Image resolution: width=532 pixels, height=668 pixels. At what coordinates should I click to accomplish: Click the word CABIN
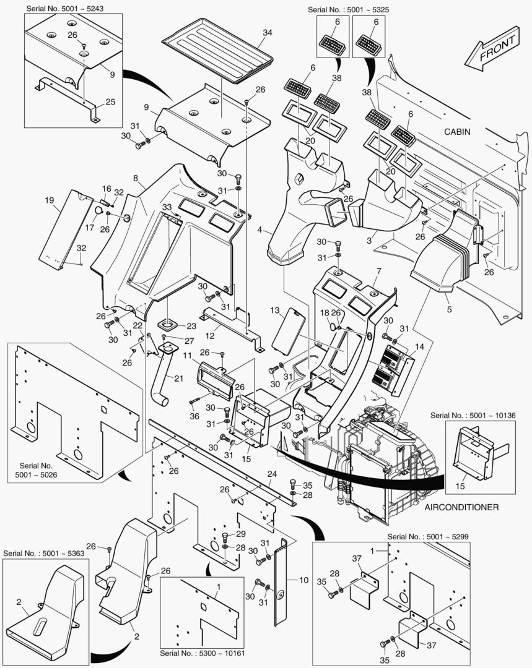457,132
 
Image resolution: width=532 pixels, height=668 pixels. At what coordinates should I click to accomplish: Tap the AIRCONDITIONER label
462,507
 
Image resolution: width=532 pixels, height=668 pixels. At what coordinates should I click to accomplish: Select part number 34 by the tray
267,32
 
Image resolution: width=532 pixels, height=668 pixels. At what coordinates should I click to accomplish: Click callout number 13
275,309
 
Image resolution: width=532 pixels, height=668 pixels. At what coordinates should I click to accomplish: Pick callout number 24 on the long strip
271,474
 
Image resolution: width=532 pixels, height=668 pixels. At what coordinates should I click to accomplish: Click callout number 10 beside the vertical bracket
303,580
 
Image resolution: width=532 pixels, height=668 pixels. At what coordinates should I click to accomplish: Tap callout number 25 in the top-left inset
110,101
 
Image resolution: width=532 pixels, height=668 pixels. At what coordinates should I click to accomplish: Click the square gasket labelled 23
167,323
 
